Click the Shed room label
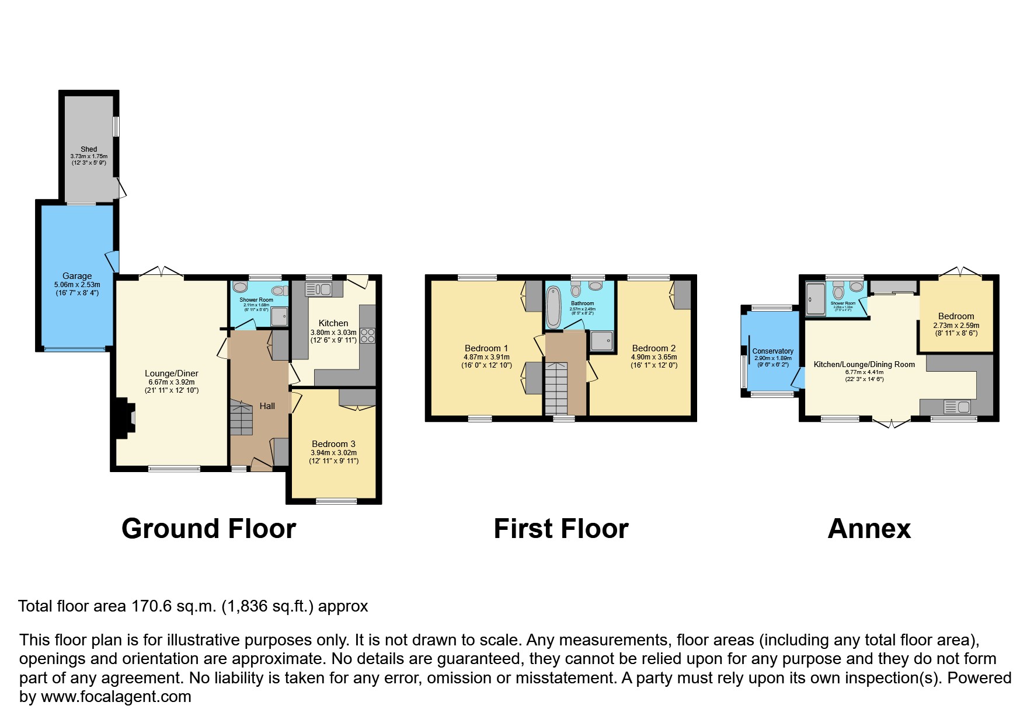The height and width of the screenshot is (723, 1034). (x=89, y=149)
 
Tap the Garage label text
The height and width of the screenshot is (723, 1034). (x=77, y=276)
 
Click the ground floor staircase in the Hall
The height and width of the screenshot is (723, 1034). (x=241, y=418)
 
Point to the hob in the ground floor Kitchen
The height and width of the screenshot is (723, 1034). (x=367, y=336)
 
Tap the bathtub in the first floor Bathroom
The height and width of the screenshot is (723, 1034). (x=552, y=308)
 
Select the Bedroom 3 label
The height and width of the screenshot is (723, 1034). (x=333, y=444)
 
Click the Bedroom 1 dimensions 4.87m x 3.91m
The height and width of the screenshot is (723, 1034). (x=486, y=357)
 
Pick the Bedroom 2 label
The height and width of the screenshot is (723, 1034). (x=654, y=348)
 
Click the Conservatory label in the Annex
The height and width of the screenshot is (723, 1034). (x=772, y=351)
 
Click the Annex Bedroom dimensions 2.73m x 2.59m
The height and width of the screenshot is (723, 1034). (x=956, y=326)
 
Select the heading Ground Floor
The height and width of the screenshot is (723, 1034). (x=208, y=529)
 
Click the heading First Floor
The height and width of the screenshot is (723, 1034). (x=560, y=529)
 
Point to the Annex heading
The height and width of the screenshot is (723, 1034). (x=869, y=529)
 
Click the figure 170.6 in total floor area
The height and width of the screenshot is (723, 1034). (x=152, y=606)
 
